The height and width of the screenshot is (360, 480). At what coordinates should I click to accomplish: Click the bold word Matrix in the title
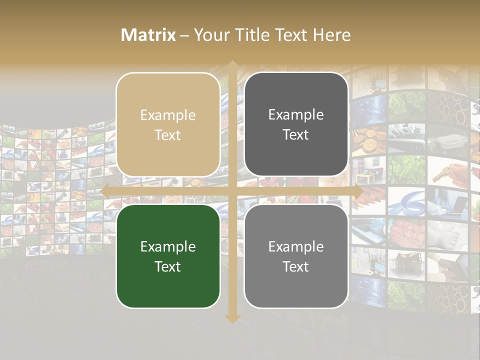click(148, 35)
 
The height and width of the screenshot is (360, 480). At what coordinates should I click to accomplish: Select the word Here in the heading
click(331, 35)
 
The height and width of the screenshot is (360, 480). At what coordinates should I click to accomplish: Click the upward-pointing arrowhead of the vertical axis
click(232, 65)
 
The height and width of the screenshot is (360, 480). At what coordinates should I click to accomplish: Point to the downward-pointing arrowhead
click(232, 318)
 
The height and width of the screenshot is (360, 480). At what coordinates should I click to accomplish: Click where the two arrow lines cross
click(232, 191)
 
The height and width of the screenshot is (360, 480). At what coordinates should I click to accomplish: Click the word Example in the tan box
click(168, 115)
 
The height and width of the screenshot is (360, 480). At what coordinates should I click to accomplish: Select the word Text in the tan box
click(168, 135)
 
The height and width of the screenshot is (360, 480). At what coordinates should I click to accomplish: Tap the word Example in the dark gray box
click(296, 115)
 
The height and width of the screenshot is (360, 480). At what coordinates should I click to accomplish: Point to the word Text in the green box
click(168, 266)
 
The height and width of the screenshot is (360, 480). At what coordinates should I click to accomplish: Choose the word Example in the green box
click(168, 247)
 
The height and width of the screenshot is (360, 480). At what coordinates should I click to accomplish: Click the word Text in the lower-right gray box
click(296, 266)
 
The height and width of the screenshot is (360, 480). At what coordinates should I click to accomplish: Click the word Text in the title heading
click(291, 35)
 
